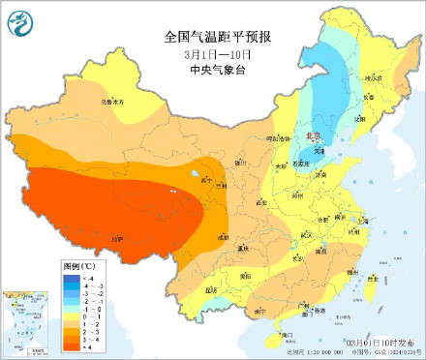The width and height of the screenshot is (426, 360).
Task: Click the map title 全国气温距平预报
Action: (x=218, y=37)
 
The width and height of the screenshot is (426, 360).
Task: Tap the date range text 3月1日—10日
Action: (x=217, y=53)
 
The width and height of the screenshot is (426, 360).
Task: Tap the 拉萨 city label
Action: (x=118, y=236)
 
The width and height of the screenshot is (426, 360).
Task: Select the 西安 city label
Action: (x=259, y=203)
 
